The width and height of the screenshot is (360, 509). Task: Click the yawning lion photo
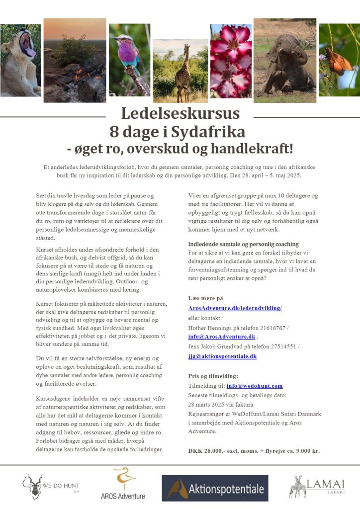coord(20,60)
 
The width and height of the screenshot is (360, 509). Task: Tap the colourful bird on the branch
coord(129,60)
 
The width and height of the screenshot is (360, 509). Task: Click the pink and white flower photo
coord(230,60)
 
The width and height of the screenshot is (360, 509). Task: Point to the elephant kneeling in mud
coord(284,62)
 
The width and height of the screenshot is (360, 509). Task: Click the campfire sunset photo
coord(75,60)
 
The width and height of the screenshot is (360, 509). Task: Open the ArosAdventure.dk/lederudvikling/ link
coord(235,308)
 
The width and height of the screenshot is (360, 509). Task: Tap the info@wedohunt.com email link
coord(254,386)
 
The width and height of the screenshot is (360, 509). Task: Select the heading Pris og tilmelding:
coord(213,376)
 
